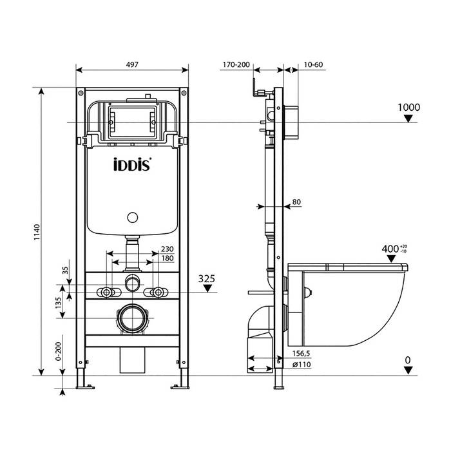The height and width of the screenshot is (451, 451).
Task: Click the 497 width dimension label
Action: click(x=132, y=64)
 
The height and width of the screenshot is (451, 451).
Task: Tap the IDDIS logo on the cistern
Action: click(x=133, y=164)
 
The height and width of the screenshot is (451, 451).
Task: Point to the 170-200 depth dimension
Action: click(x=235, y=64)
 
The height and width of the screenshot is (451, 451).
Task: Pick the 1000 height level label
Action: click(x=408, y=107)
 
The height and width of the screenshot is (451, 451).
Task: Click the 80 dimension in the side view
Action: click(x=296, y=202)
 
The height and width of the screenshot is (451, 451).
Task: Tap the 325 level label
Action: click(x=207, y=278)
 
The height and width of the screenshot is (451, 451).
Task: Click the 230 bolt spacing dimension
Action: click(x=167, y=249)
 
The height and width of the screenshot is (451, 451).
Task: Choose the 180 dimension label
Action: click(x=167, y=258)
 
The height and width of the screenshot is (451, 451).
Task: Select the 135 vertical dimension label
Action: click(x=59, y=303)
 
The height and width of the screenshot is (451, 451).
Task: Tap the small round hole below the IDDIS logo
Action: click(x=133, y=217)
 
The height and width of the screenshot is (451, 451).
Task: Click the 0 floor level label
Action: click(x=407, y=359)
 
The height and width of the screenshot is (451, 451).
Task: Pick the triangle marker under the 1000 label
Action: click(x=408, y=118)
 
